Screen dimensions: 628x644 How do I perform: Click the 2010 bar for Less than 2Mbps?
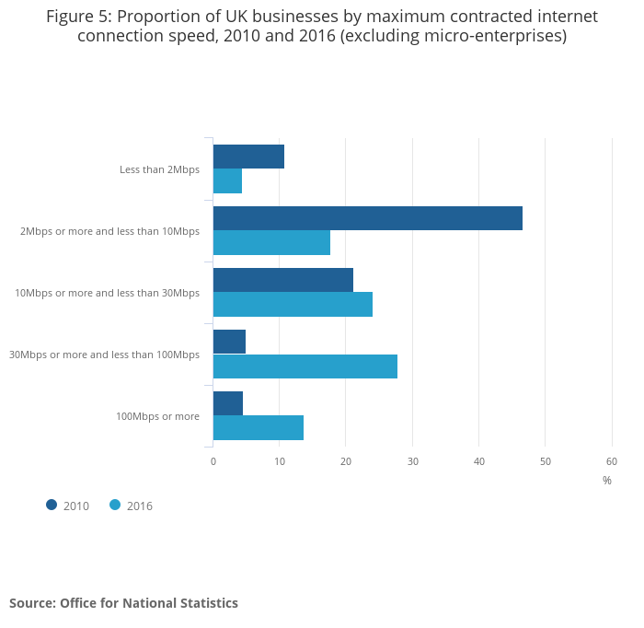tap(248, 157)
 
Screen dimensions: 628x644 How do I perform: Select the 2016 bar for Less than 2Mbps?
tap(227, 181)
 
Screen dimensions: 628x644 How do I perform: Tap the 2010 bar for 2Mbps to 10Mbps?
tap(367, 218)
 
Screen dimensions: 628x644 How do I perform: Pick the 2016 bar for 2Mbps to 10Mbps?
tap(271, 243)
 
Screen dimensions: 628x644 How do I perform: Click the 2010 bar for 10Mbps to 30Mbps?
tap(282, 280)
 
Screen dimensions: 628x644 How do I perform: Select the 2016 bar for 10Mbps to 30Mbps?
tap(293, 305)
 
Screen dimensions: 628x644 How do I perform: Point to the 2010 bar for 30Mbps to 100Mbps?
tap(229, 342)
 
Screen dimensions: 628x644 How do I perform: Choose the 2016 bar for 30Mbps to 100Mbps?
tap(305, 366)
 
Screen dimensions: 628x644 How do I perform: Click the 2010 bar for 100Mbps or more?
tap(227, 403)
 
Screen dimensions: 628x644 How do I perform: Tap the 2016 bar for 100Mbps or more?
tap(258, 428)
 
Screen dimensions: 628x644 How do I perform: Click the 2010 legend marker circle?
tap(52, 505)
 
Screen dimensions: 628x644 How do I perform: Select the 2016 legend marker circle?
tap(115, 505)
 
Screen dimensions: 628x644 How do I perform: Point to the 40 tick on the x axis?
tap(479, 461)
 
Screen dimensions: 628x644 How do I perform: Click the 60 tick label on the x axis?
tap(612, 461)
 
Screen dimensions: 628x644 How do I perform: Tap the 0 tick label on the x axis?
tap(213, 461)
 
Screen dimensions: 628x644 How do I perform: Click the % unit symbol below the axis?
tap(607, 481)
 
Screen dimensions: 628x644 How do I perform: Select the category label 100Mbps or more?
tap(157, 416)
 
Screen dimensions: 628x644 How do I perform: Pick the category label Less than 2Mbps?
tap(159, 169)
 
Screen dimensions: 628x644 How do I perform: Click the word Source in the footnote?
tap(32, 603)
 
